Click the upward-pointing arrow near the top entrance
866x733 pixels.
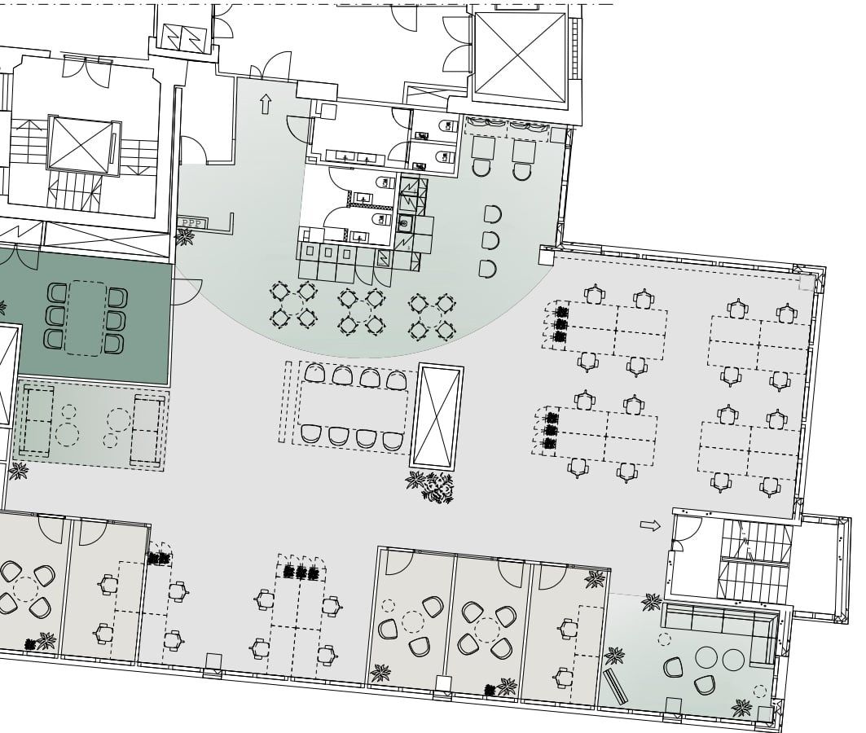(266, 103)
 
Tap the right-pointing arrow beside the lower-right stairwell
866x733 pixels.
(650, 525)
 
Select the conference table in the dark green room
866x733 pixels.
(85, 318)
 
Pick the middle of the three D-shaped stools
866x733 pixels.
(490, 240)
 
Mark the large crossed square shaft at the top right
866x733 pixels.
(521, 57)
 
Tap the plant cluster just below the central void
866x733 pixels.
(431, 485)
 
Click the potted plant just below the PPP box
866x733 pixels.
(185, 237)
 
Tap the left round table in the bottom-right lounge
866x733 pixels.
(706, 657)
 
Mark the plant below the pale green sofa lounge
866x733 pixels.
(20, 471)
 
